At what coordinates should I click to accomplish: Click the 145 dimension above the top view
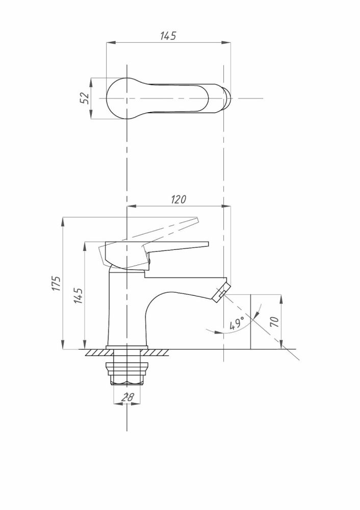pyautogui.click(x=168, y=36)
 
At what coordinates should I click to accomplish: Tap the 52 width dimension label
pyautogui.click(x=85, y=98)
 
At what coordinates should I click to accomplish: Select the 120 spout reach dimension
pyautogui.click(x=178, y=199)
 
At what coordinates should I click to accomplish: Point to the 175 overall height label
pyautogui.click(x=57, y=283)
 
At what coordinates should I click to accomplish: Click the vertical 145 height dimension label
pyautogui.click(x=79, y=296)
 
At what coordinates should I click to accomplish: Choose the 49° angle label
pyautogui.click(x=237, y=323)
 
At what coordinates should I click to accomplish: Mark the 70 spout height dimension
pyautogui.click(x=275, y=322)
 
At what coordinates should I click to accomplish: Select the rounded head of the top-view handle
pyautogui.click(x=121, y=98)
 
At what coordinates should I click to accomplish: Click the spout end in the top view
pyautogui.click(x=227, y=98)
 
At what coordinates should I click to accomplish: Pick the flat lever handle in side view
pyautogui.click(x=157, y=252)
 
